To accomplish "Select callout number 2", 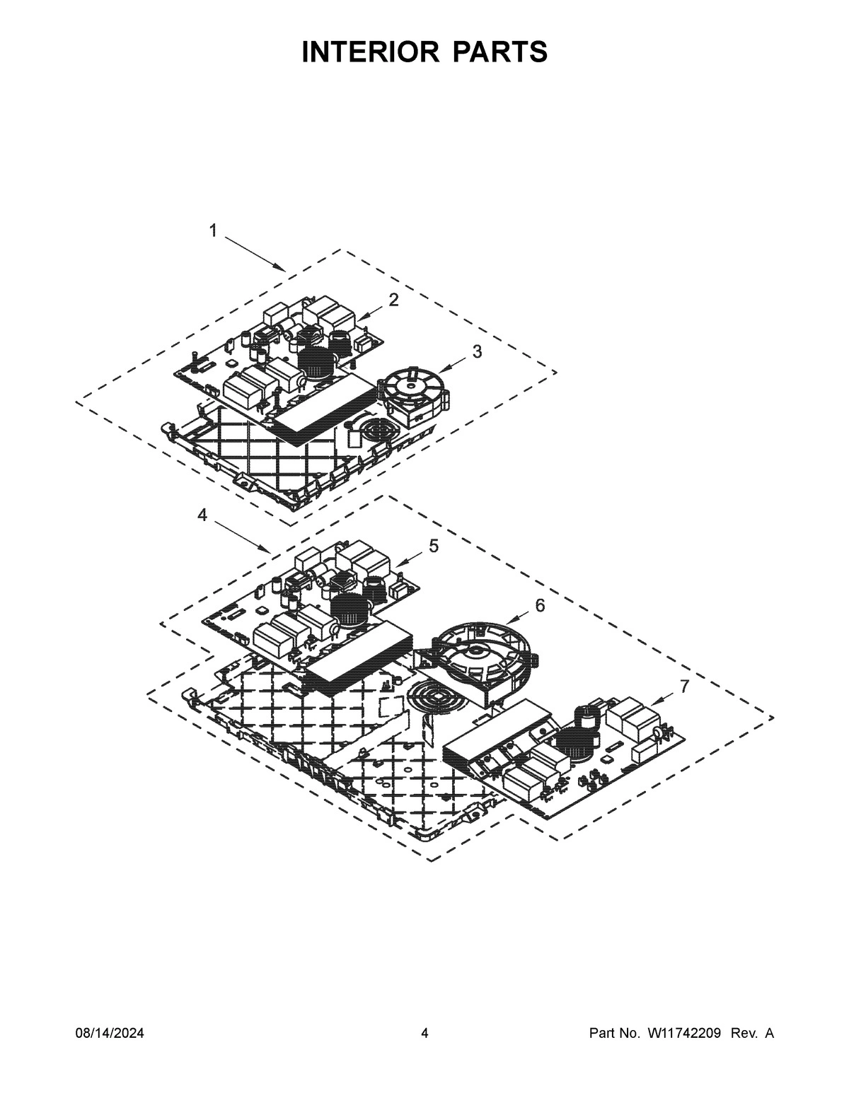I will coord(393,300).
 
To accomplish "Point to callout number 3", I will coord(478,351).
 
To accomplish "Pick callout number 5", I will coord(433,546).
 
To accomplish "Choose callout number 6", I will coord(540,605).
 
